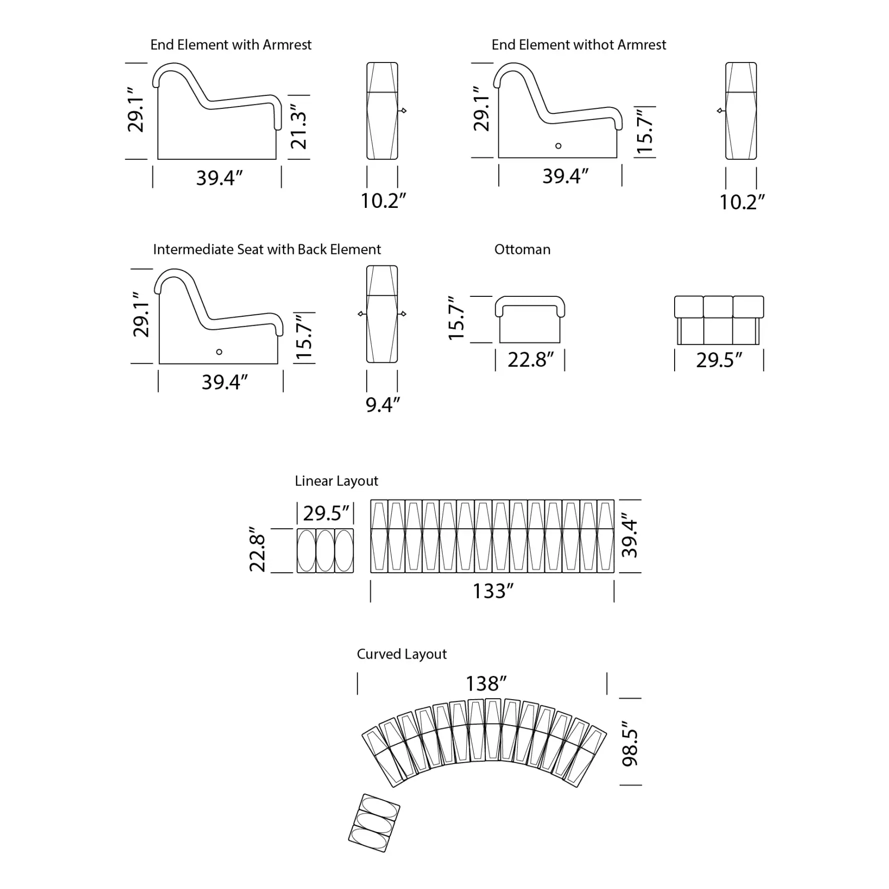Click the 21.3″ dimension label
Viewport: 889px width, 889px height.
tap(298, 127)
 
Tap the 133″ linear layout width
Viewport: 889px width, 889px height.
tap(493, 591)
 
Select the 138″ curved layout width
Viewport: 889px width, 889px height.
tap(486, 684)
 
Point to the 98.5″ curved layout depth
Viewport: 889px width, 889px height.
tap(630, 743)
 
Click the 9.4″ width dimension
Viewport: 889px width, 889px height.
tap(383, 405)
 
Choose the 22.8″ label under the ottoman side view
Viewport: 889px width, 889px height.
tap(531, 360)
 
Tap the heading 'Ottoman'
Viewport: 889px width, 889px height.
tap(522, 249)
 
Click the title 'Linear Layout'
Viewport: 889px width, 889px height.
tap(336, 481)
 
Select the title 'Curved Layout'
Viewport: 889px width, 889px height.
tap(401, 654)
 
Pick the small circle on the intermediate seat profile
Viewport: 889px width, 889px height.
tap(219, 352)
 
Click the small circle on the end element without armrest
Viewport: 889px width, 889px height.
tap(558, 146)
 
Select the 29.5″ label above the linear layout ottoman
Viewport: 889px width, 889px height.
tap(326, 513)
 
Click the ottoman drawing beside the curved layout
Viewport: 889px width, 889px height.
tap(374, 823)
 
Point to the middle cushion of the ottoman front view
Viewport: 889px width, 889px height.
tap(718, 307)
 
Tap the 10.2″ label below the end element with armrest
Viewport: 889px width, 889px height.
tap(383, 201)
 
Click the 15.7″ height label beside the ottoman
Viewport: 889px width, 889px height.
tap(456, 319)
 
